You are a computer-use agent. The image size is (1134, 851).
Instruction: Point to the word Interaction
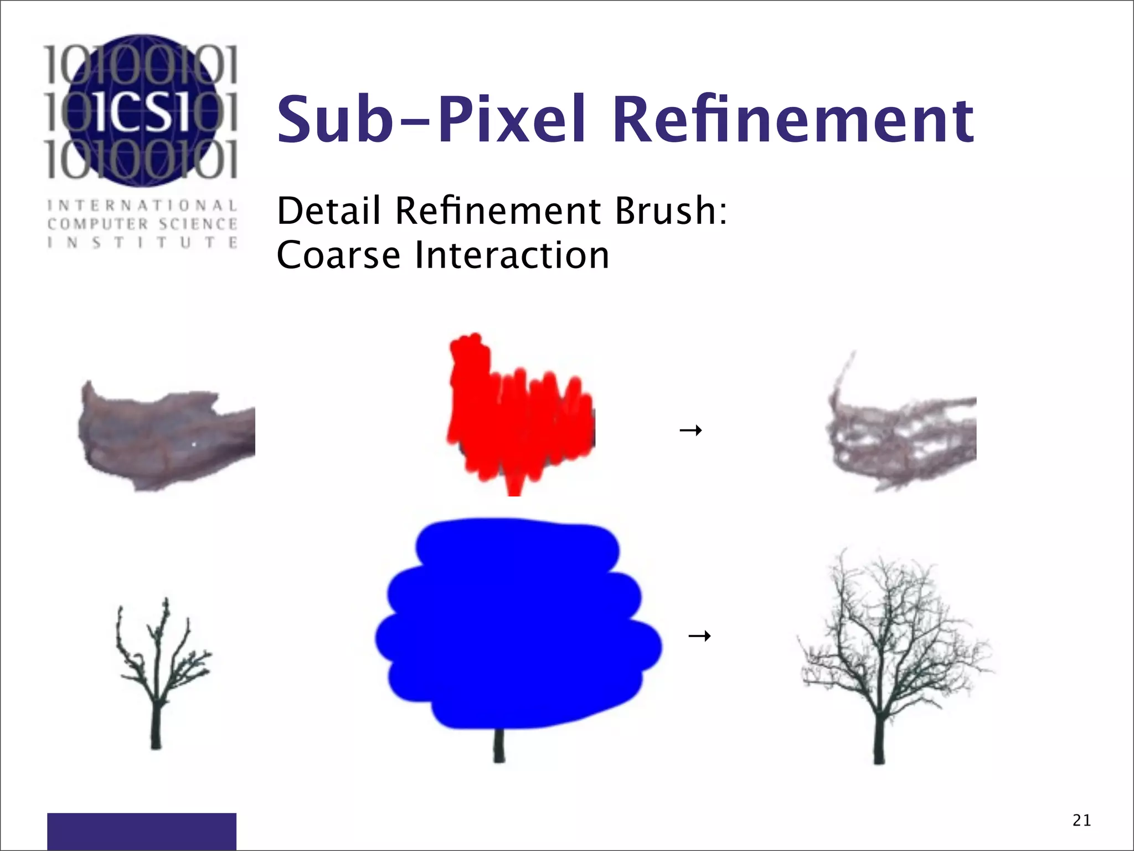[x=512, y=255]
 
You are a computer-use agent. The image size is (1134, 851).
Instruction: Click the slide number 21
[x=1081, y=820]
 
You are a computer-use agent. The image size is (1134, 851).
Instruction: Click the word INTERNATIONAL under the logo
[x=142, y=206]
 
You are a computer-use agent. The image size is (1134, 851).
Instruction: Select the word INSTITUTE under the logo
[x=142, y=243]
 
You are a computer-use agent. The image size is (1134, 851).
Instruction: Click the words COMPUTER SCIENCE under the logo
[x=142, y=224]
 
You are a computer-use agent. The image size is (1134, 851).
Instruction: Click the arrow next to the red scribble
[x=690, y=430]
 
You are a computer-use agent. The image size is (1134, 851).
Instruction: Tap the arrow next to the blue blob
[x=699, y=635]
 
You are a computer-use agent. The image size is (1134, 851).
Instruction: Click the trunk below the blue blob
[x=499, y=745]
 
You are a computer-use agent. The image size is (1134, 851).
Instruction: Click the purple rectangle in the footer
[x=142, y=831]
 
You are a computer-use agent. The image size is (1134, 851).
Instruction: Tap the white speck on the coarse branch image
[x=194, y=444]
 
